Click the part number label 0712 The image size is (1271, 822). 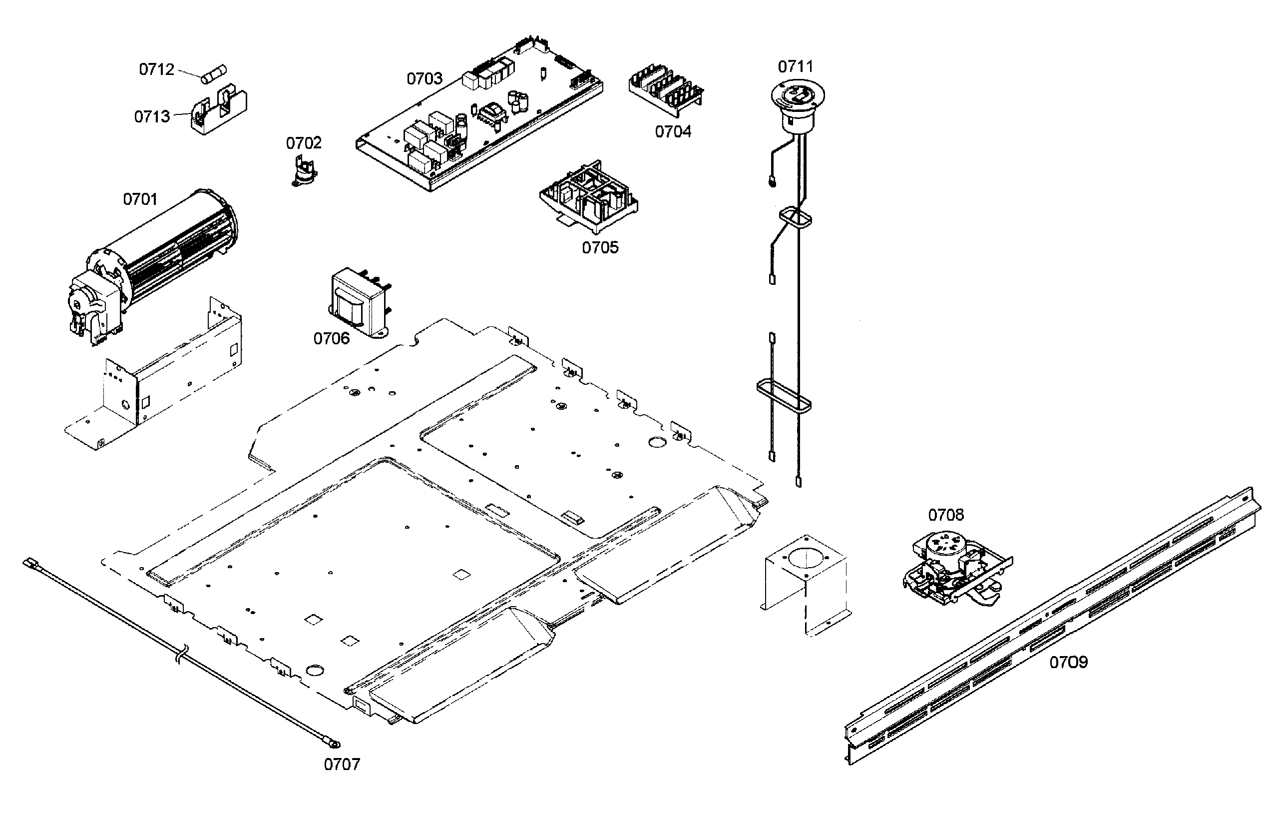click(156, 69)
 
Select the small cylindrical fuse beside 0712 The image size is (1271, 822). click(215, 74)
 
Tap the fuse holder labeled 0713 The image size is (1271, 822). click(219, 111)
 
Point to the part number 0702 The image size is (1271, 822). click(304, 143)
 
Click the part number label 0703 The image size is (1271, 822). click(424, 79)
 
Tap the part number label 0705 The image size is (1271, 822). click(600, 248)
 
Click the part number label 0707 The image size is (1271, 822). click(342, 765)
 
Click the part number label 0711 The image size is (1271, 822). click(795, 67)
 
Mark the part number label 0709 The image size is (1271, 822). click(1068, 663)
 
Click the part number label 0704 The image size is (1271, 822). click(673, 131)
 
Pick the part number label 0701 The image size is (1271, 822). click(140, 199)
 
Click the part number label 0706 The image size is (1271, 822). click(331, 338)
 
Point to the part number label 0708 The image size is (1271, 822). click(946, 515)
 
